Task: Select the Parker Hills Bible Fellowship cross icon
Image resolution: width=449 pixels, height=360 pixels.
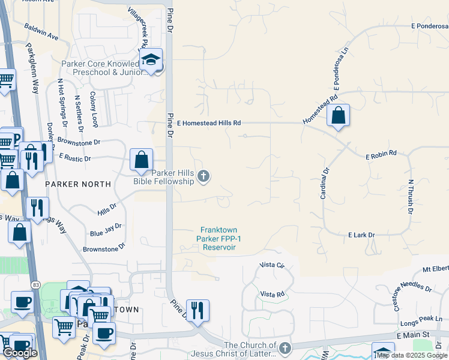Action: [x=203, y=176]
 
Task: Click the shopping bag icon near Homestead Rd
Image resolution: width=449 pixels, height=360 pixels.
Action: [x=339, y=116]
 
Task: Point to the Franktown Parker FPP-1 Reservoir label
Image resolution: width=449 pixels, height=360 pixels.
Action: [x=218, y=238]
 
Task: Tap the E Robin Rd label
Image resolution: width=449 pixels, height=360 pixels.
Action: [x=382, y=153]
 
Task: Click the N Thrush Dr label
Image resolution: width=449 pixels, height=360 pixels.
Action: [x=411, y=196]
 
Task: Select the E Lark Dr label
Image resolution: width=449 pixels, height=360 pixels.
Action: [x=361, y=235]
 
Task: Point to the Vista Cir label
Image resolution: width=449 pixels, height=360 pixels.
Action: [x=271, y=265]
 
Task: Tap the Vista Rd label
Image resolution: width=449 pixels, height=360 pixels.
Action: [x=272, y=294]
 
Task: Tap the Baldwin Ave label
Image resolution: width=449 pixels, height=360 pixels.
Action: [x=41, y=32]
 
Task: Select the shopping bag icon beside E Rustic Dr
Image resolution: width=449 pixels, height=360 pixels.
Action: [x=142, y=160]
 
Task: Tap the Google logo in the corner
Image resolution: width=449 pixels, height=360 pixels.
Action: [x=20, y=353]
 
